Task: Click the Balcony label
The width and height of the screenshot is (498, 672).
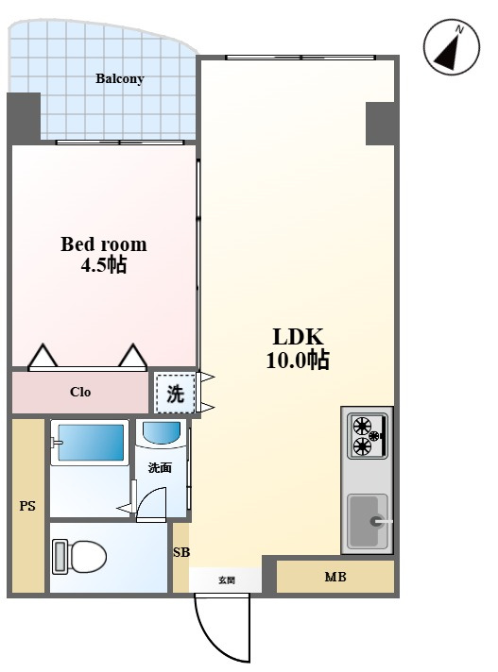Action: pyautogui.click(x=119, y=79)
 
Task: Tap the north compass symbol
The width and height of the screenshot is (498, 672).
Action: pyautogui.click(x=452, y=47)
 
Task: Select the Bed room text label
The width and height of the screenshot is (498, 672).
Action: pyautogui.click(x=104, y=244)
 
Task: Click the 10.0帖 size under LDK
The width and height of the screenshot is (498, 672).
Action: pyautogui.click(x=298, y=360)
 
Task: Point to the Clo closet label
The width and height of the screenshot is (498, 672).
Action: pyautogui.click(x=80, y=392)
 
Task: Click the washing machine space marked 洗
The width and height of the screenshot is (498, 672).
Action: pyautogui.click(x=175, y=394)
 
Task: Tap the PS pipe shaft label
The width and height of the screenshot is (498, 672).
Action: pyautogui.click(x=27, y=506)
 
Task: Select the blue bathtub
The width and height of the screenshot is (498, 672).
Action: pyautogui.click(x=90, y=443)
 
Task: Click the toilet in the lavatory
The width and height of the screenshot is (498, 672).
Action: pyautogui.click(x=79, y=556)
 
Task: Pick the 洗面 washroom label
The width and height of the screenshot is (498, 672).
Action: pyautogui.click(x=160, y=467)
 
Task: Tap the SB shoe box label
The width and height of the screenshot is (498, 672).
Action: pyautogui.click(x=181, y=552)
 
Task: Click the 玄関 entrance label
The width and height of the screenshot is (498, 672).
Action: pyautogui.click(x=227, y=580)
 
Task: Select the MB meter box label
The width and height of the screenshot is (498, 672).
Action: pyautogui.click(x=335, y=577)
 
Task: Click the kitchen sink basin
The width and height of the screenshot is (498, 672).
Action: pyautogui.click(x=368, y=521)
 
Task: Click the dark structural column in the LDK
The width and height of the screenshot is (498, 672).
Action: pyautogui.click(x=380, y=124)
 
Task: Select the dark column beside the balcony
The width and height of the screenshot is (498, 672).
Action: pyautogui.click(x=24, y=119)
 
